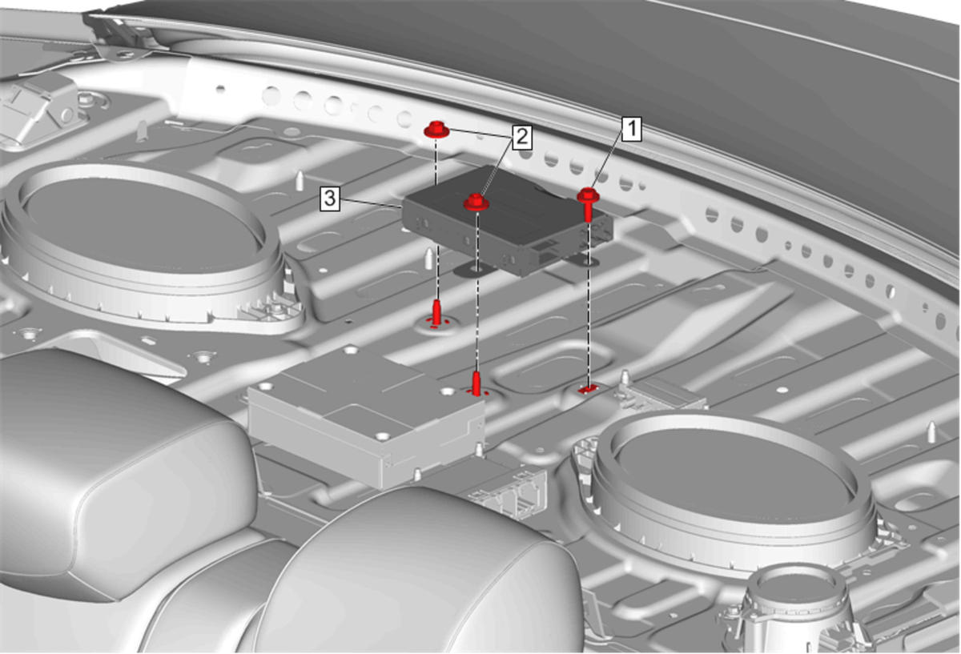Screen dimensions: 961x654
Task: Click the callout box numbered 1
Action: (x=632, y=129)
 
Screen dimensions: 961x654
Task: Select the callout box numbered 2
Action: (x=521, y=137)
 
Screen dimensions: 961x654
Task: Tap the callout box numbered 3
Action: (x=330, y=199)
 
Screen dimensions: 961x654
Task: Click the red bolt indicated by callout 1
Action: (x=588, y=204)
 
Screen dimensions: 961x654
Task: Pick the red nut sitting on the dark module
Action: (x=476, y=202)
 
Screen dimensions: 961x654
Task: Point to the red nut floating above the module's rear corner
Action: (x=436, y=130)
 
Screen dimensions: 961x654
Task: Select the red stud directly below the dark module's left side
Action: (x=436, y=313)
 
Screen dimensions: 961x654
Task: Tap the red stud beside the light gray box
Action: (x=476, y=383)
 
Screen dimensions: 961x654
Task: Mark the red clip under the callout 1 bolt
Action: (x=588, y=389)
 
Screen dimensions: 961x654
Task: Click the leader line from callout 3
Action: (x=371, y=203)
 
